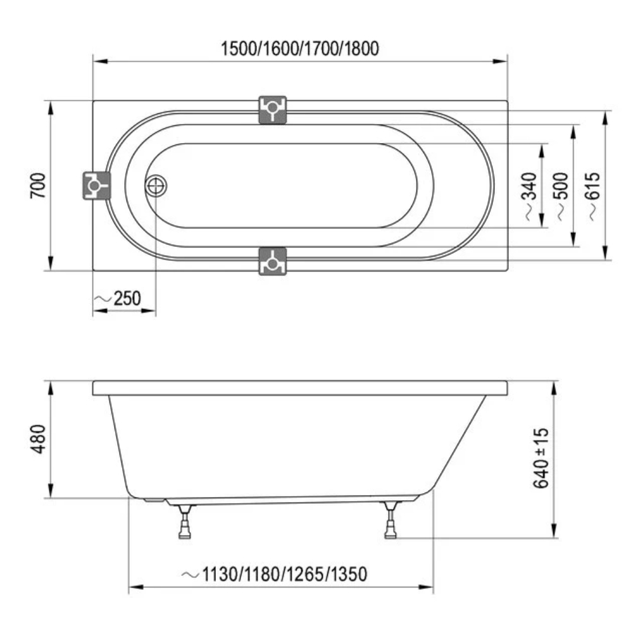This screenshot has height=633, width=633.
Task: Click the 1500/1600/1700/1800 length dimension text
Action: pos(300,49)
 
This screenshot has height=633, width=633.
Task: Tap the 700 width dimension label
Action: pos(38,185)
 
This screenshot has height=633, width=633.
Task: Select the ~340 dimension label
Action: pos(530,196)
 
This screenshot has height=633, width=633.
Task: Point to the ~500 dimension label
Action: pos(561,196)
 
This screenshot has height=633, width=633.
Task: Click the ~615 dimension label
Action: pos(593,196)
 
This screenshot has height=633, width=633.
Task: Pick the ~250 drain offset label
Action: pos(118,299)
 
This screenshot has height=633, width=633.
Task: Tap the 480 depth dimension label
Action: pos(38,439)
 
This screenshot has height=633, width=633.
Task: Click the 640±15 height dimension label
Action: pos(541,458)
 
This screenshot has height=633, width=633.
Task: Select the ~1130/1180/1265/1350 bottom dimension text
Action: pos(275,574)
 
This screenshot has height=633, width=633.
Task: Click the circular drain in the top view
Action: pos(156,185)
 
